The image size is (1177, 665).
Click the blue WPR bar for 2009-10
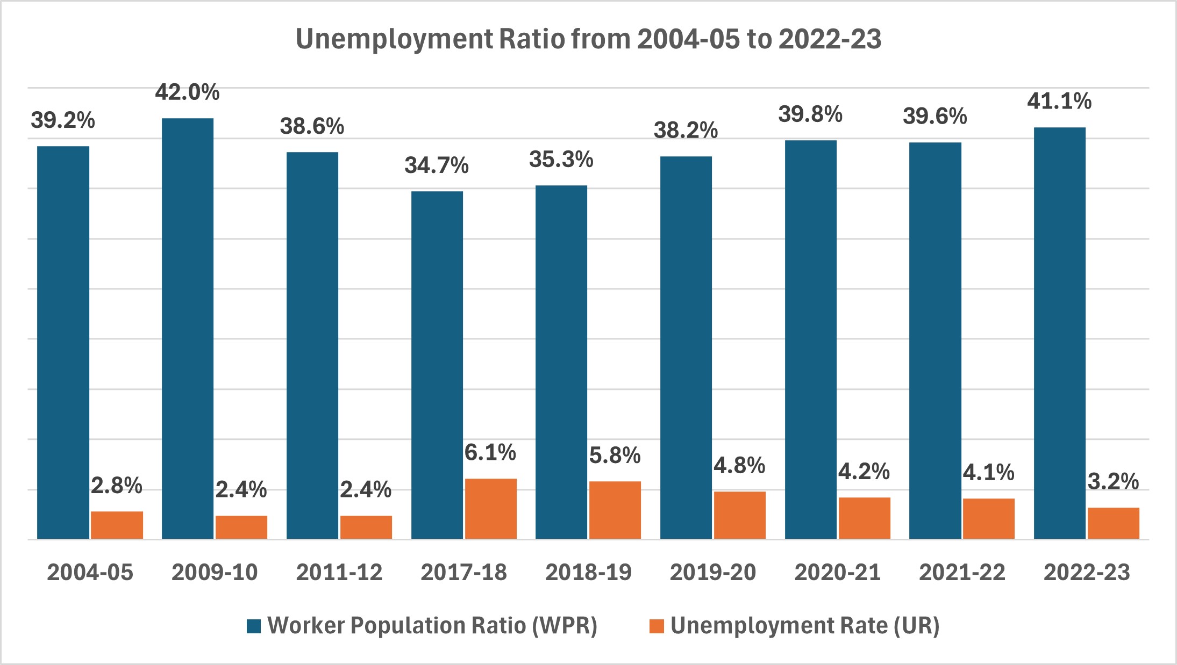click(x=188, y=328)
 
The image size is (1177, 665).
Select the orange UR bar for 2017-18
click(x=490, y=508)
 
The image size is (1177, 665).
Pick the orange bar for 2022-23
click(x=1113, y=523)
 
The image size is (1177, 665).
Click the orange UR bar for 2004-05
click(x=117, y=524)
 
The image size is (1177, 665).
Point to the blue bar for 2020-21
click(x=810, y=338)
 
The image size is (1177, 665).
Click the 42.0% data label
click(x=187, y=92)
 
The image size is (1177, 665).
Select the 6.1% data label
click(x=490, y=452)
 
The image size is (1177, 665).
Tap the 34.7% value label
click(x=436, y=165)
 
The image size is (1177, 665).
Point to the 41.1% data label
click(x=1059, y=101)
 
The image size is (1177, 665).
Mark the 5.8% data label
click(x=615, y=456)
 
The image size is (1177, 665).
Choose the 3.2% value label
click(x=1113, y=481)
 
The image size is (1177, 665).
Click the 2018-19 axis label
click(x=588, y=573)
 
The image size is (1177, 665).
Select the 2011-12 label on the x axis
click(x=339, y=573)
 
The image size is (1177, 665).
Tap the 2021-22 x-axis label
click(x=962, y=573)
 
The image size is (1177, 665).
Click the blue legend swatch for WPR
click(x=254, y=626)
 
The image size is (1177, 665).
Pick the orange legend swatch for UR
click(x=657, y=626)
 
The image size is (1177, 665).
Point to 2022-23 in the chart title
click(x=830, y=39)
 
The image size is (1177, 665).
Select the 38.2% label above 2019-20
click(x=686, y=130)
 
